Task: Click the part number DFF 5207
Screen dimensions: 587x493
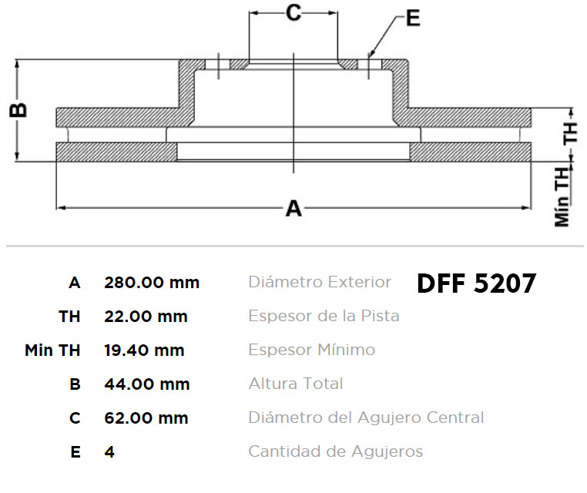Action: pyautogui.click(x=477, y=283)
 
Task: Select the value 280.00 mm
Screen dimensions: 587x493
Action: pyautogui.click(x=152, y=283)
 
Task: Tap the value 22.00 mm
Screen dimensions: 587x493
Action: pyautogui.click(x=146, y=317)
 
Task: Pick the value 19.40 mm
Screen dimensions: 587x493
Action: pyautogui.click(x=144, y=350)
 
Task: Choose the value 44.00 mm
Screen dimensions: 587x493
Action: pyautogui.click(x=146, y=384)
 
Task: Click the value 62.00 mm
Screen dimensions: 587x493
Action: pyautogui.click(x=146, y=418)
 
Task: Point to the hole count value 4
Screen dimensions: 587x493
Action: pyautogui.click(x=109, y=452)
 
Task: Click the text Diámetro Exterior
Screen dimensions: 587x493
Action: pyautogui.click(x=320, y=282)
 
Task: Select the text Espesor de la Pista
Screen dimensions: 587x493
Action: pyautogui.click(x=324, y=316)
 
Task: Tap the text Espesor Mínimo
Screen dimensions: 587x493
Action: pyautogui.click(x=312, y=350)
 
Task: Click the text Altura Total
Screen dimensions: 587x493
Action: pyautogui.click(x=296, y=384)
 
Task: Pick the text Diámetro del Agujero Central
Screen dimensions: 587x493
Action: pyautogui.click(x=366, y=418)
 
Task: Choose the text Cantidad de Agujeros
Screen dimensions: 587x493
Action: pyautogui.click(x=335, y=452)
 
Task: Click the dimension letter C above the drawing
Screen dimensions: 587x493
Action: pyautogui.click(x=293, y=13)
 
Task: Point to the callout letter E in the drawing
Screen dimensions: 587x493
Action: pyautogui.click(x=413, y=18)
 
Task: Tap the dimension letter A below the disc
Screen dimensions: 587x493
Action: pyautogui.click(x=293, y=209)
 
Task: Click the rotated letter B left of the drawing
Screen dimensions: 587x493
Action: pyautogui.click(x=18, y=110)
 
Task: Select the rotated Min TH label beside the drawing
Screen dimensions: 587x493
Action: pyautogui.click(x=562, y=197)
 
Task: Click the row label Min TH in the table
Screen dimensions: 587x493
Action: pyautogui.click(x=52, y=350)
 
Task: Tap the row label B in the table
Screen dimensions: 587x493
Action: pyautogui.click(x=75, y=384)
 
